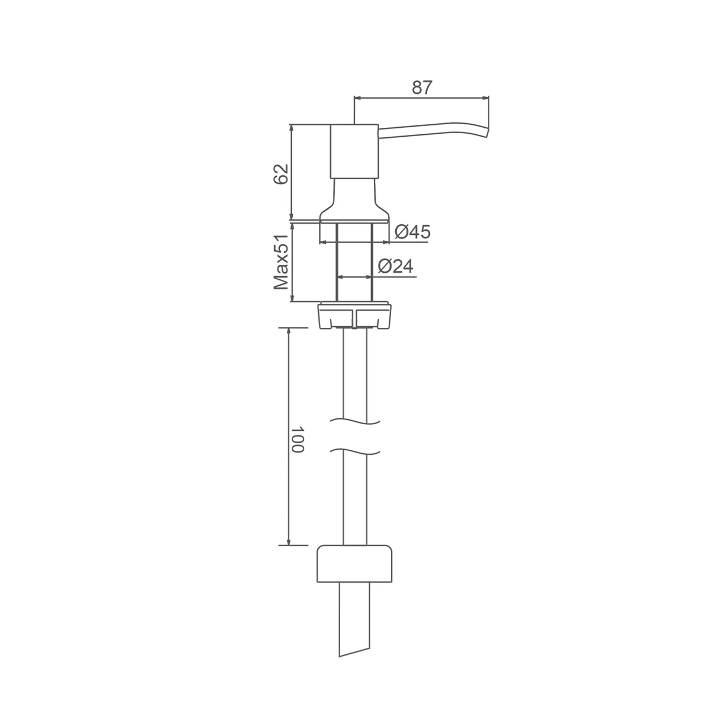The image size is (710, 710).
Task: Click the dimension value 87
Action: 421,88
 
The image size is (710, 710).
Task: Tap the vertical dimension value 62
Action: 281,173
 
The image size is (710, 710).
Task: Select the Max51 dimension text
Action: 281,262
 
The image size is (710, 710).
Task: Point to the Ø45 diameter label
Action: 412,232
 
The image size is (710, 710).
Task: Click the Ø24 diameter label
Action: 395,266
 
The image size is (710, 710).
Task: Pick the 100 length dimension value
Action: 297,439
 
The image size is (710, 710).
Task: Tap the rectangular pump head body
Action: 354,151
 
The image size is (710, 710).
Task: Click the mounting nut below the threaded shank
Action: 354,315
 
